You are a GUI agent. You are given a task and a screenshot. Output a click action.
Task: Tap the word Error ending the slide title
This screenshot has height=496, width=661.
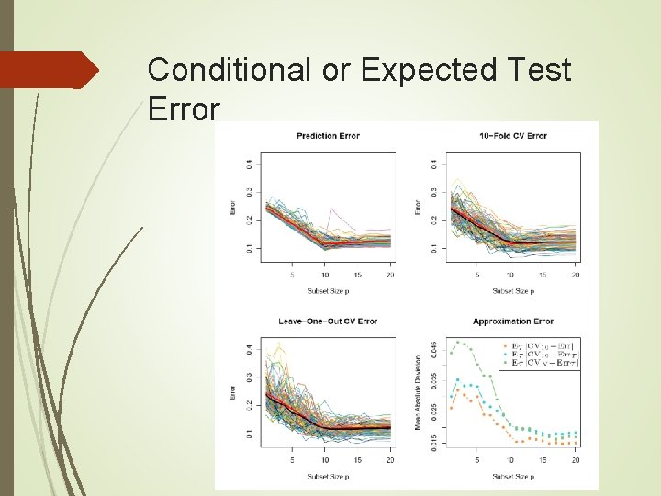[x=184, y=110]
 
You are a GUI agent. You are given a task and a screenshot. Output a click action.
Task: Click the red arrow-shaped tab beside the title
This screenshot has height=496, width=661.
[x=50, y=70]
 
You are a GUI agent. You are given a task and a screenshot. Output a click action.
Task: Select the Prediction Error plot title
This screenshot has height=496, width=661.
[x=328, y=136]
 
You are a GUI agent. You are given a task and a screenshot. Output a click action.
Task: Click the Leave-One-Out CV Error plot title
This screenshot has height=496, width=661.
[x=328, y=321]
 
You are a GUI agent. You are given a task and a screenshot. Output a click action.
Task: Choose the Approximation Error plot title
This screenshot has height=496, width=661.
[x=513, y=321]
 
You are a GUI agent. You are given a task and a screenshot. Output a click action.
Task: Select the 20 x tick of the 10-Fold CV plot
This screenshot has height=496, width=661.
[x=575, y=275]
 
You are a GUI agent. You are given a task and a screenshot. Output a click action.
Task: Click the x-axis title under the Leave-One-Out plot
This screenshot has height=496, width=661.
[x=328, y=476]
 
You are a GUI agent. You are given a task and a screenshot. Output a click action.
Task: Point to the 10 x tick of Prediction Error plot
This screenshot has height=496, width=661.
[x=326, y=275]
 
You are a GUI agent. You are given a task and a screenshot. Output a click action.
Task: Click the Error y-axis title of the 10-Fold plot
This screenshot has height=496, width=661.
[x=418, y=208]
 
